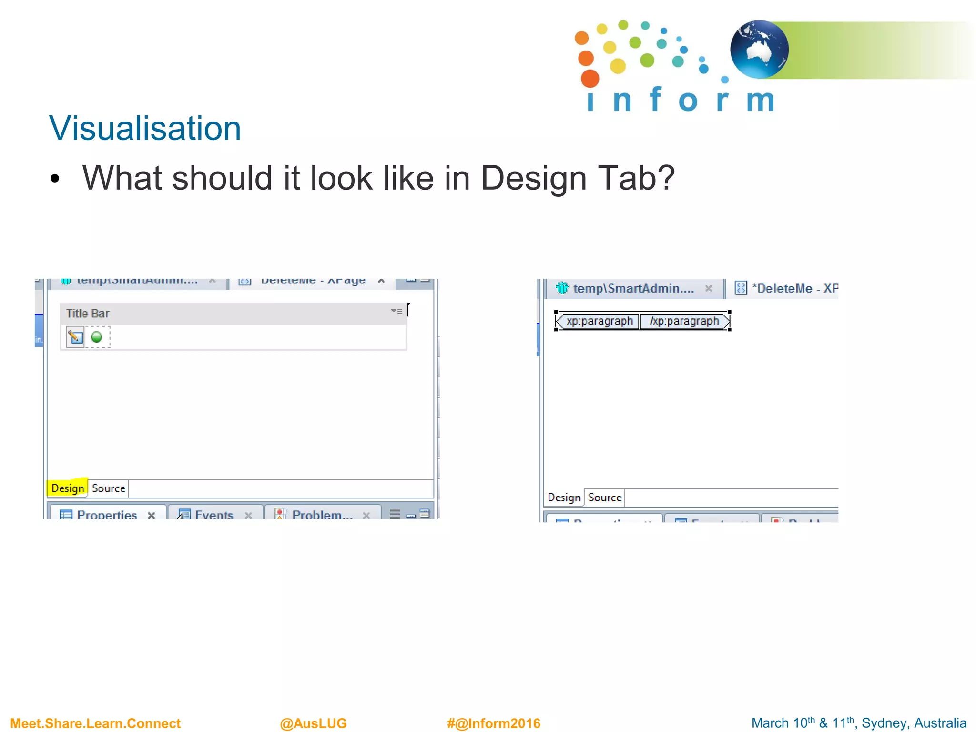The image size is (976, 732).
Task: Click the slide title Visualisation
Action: tap(145, 129)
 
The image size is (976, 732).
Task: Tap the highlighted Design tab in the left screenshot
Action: tap(68, 488)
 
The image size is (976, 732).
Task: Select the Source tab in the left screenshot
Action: tap(109, 488)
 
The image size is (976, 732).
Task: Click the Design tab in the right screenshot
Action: tap(564, 498)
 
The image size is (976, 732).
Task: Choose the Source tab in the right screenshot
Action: tap(605, 498)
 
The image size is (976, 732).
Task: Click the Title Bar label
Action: tap(88, 314)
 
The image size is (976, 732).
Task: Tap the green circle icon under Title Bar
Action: tap(97, 337)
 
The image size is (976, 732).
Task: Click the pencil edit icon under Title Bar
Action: tap(75, 337)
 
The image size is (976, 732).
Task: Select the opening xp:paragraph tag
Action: tap(599, 321)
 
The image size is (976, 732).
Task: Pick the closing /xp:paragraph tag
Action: tap(684, 321)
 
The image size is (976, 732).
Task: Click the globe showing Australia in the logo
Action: tap(759, 49)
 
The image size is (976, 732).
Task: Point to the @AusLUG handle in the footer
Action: tap(313, 723)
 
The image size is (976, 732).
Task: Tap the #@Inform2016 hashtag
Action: tap(493, 723)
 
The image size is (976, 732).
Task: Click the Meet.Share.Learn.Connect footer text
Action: tap(95, 723)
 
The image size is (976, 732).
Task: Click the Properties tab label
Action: tap(107, 515)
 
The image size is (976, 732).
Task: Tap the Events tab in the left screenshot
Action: tap(214, 515)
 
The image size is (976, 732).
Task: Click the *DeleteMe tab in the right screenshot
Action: tap(791, 288)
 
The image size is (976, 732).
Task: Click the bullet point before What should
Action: tap(55, 179)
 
